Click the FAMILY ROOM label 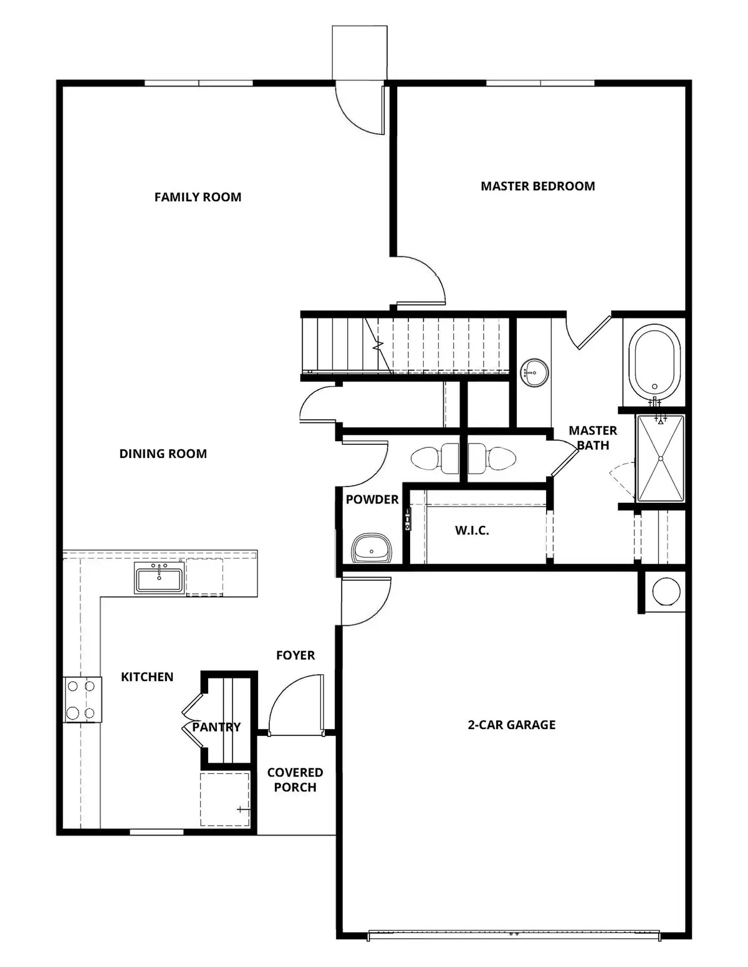coord(198,197)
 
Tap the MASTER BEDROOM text coord(537,186)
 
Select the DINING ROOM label coord(163,454)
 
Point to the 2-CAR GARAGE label coord(511,725)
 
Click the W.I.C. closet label coord(472,531)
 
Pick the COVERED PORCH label coord(295,779)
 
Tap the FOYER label coord(295,655)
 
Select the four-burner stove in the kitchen coord(82,700)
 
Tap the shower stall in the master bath coord(660,458)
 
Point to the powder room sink coord(372,549)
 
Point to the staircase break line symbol coord(377,344)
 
